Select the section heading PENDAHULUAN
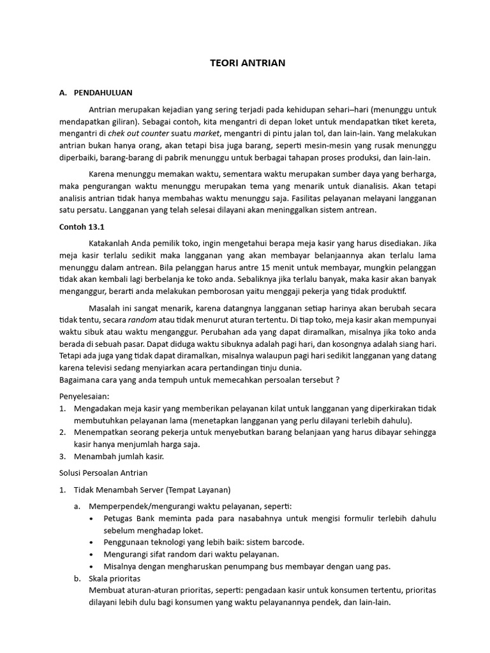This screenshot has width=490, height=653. point(103,92)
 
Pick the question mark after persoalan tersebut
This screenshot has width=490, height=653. point(337,380)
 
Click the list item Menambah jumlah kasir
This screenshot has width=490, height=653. point(119,456)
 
